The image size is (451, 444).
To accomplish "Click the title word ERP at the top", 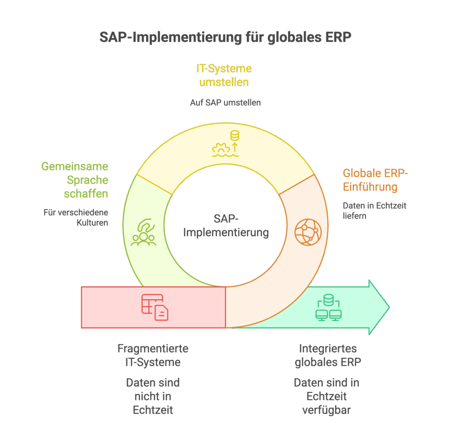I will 338,37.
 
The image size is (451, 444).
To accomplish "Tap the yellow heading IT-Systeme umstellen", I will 224,75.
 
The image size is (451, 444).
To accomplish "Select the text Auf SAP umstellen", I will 225,103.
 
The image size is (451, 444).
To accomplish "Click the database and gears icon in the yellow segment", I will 225,144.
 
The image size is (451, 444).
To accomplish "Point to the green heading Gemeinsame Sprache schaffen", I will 75,180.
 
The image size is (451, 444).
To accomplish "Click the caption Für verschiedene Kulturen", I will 76,217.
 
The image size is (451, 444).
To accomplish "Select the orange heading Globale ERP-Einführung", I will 375,179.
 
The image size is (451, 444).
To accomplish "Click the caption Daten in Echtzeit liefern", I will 374,211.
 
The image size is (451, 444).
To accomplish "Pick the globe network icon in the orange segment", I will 308,232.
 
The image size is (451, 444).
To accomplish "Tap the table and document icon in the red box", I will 155,307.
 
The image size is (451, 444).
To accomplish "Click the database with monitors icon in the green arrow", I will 328,307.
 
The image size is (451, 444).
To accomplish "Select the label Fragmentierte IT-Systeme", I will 153,355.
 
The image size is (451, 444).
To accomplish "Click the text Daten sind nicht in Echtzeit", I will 153,396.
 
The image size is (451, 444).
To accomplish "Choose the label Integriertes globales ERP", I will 328,355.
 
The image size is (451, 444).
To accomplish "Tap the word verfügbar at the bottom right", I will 326,410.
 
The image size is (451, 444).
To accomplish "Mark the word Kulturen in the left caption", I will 91,223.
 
